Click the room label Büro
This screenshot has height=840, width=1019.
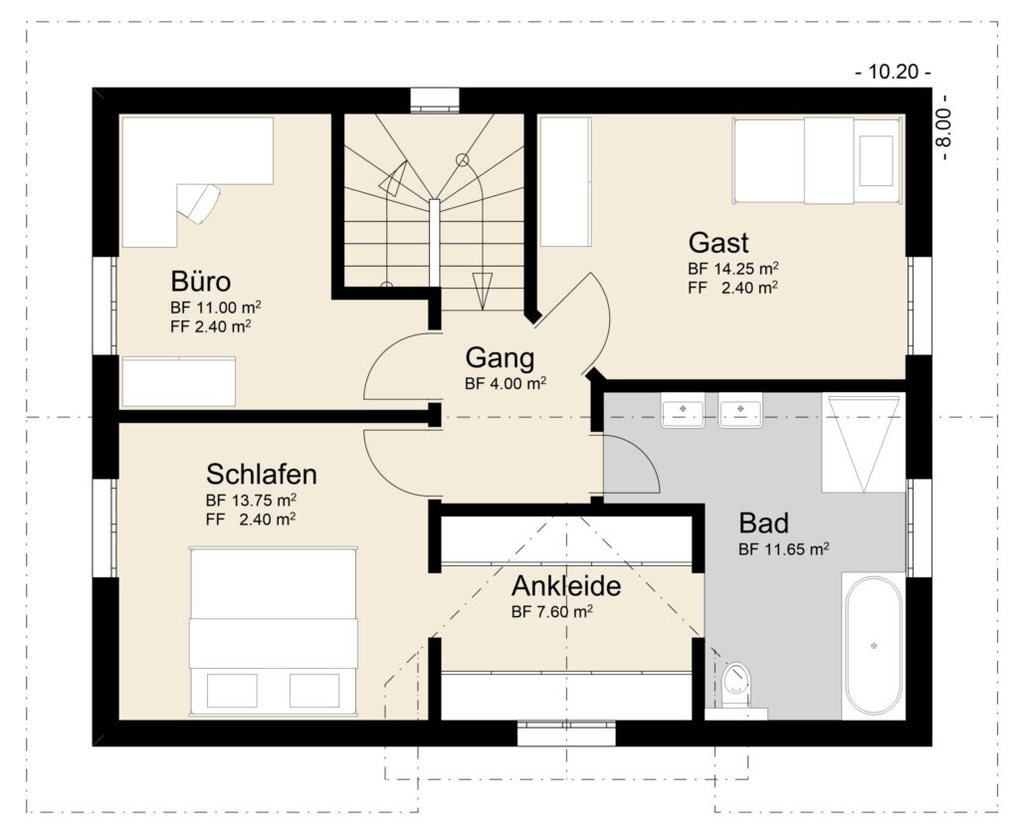click(x=201, y=282)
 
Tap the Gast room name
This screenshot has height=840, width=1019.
click(x=718, y=243)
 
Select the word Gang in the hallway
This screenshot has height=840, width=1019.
click(x=500, y=358)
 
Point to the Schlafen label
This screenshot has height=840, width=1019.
click(x=262, y=474)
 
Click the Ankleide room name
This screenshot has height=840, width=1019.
click(x=566, y=586)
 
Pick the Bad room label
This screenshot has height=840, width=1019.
click(x=763, y=524)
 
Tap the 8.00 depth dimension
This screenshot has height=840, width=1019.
click(x=944, y=127)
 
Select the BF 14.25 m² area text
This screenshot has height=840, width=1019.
click(x=733, y=269)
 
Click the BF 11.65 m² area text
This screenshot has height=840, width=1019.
click(x=784, y=549)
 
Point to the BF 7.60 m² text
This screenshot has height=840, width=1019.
click(x=551, y=612)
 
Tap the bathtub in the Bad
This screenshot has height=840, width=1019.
click(x=874, y=646)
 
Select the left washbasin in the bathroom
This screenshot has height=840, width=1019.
click(x=683, y=412)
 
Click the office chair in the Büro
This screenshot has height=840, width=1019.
click(x=199, y=202)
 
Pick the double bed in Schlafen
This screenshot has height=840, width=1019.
click(x=274, y=631)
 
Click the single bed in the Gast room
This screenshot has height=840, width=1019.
click(x=818, y=160)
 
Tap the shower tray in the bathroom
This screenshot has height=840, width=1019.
click(x=864, y=442)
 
